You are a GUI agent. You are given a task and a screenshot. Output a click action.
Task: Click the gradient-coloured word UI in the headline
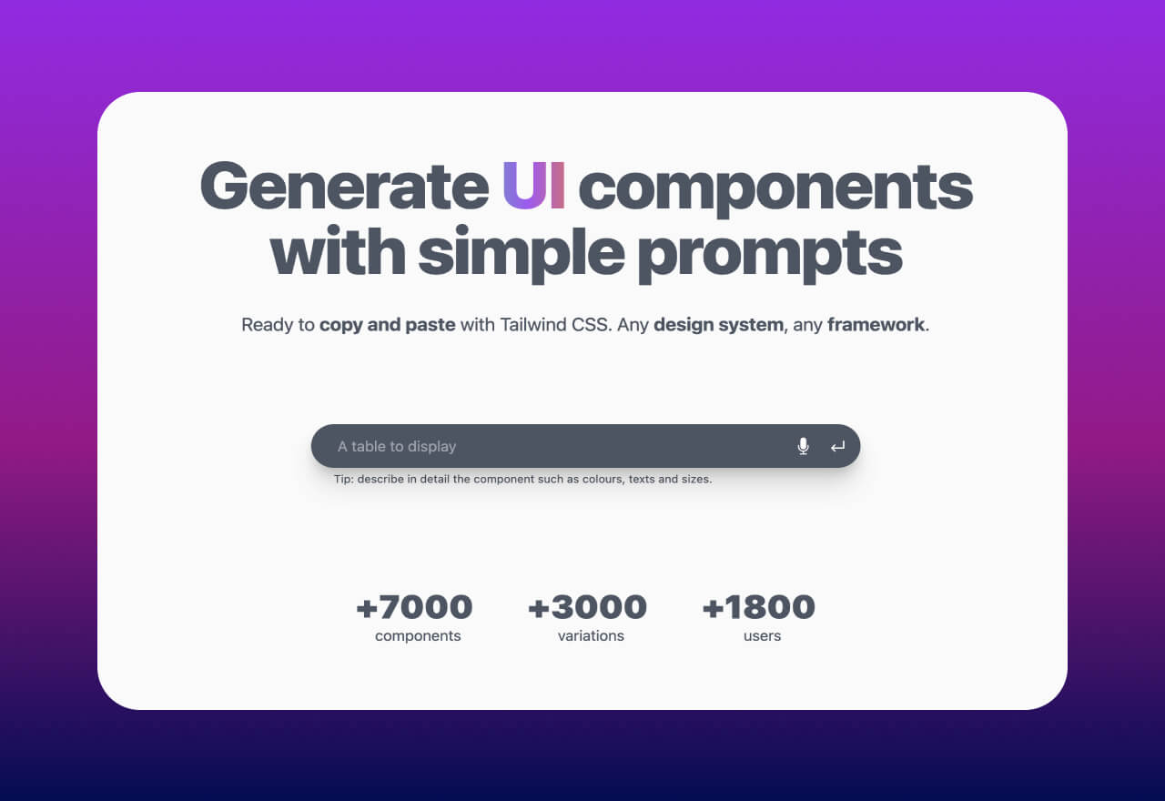pos(533,185)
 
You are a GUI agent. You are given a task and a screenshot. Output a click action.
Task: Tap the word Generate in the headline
pos(344,185)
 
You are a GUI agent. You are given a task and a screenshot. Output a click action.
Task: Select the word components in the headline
pos(775,190)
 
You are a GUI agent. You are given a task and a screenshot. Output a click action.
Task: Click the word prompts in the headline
pos(770,255)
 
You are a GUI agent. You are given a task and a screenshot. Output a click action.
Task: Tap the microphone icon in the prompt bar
pos(803,446)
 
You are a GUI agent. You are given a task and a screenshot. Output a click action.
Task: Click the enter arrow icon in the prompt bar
pos(837,446)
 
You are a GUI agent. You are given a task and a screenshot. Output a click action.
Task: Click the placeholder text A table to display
pos(397,446)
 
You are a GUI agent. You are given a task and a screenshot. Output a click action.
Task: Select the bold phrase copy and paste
pos(388,325)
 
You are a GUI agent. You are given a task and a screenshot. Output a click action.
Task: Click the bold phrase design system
pos(718,325)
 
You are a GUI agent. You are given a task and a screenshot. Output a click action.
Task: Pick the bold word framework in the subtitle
pos(876,325)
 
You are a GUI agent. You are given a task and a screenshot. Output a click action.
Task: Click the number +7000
pos(414,607)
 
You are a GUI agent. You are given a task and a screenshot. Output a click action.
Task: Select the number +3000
pos(587,607)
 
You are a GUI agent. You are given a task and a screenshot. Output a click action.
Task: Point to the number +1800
pos(759,607)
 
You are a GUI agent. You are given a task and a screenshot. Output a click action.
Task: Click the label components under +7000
pos(418,636)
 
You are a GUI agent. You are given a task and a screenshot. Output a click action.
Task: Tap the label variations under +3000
pos(591,635)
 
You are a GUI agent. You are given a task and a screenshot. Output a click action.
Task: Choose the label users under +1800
pos(762,636)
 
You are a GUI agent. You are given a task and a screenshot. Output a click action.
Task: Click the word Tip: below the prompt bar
pos(343,479)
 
